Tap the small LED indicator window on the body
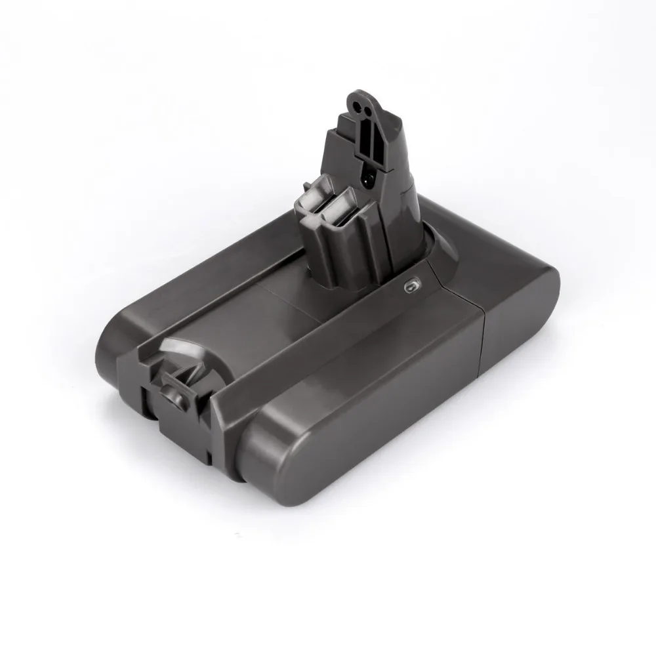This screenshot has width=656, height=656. pyautogui.click(x=411, y=287)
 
